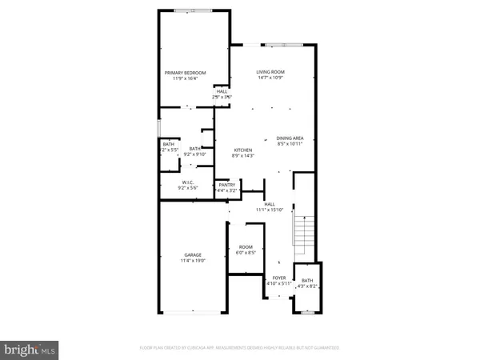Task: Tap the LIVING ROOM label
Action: (x=270, y=72)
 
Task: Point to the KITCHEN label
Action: (x=242, y=150)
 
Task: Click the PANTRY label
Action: (x=227, y=185)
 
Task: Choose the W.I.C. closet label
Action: (x=190, y=182)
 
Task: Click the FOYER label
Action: (x=279, y=277)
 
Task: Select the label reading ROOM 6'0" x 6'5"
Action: (x=245, y=247)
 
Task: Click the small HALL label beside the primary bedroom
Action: (x=222, y=91)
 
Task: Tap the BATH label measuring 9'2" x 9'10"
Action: (x=194, y=148)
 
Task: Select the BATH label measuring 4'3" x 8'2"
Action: (x=307, y=280)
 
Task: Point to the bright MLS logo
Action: (x=30, y=349)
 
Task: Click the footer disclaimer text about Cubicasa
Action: (x=239, y=348)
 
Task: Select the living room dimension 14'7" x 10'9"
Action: (x=270, y=78)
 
